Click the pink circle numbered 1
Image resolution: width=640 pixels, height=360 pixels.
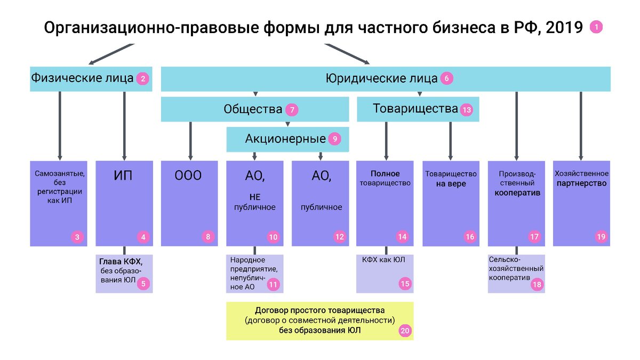click(596, 27)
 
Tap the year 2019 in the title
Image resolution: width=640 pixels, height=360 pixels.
click(564, 28)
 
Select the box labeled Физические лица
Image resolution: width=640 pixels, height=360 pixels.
click(91, 79)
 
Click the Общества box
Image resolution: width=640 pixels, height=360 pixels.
click(255, 109)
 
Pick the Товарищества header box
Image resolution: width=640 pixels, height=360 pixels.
click(418, 109)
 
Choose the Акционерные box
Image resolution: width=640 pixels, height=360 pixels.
click(287, 139)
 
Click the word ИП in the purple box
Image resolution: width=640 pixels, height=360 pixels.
click(123, 175)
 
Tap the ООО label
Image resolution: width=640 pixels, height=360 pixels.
click(188, 175)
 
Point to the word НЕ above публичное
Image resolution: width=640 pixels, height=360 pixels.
click(255, 197)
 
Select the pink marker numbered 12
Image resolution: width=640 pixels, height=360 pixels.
click(339, 237)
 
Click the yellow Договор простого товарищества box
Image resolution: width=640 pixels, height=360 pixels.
click(320, 321)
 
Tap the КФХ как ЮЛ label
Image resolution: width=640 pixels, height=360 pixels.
click(383, 260)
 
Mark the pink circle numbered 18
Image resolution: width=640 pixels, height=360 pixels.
click(537, 284)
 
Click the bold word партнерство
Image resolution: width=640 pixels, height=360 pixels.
click(581, 183)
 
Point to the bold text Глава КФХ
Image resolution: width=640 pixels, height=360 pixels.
click(121, 261)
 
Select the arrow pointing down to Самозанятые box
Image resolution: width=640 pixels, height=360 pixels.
click(60, 126)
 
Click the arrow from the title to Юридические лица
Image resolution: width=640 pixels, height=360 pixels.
click(347, 54)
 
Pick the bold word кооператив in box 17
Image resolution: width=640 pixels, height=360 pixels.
click(517, 193)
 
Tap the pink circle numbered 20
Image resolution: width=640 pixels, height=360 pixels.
click(405, 331)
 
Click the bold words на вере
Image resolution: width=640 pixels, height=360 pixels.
click(451, 183)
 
